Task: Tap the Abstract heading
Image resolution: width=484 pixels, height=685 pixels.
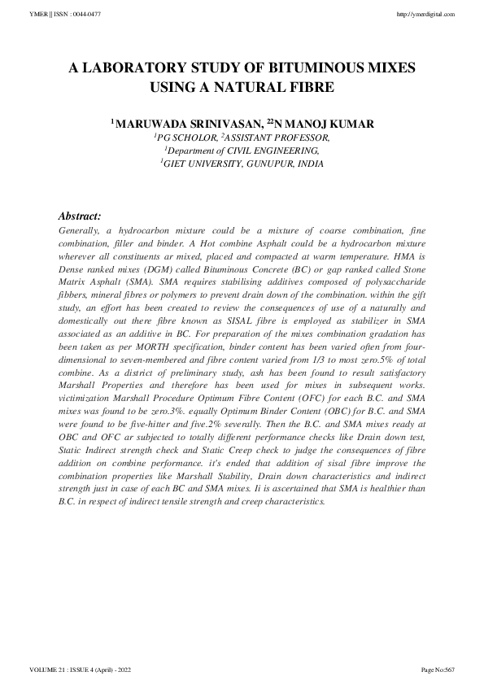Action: pos(80,216)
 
